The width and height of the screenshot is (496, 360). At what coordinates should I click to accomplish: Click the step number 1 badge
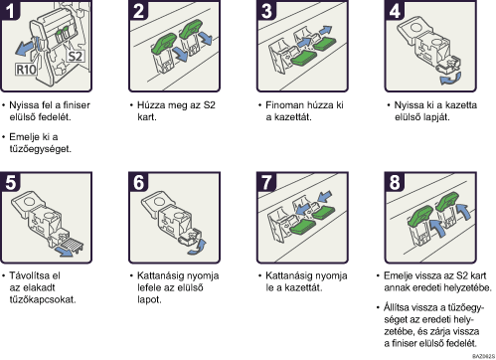pos(10,10)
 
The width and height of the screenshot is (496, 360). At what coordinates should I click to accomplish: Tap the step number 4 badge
pos(395,10)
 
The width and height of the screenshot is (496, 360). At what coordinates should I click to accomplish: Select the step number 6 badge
pos(138,182)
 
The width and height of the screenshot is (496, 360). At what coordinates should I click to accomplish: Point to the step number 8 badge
pos(395,182)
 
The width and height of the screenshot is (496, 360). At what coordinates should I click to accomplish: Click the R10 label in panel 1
pos(26,70)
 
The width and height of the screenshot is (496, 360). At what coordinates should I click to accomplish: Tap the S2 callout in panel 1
pos(76,56)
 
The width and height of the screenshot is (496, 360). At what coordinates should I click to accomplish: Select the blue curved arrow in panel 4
pos(450,79)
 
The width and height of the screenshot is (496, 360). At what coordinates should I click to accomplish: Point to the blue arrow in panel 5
pos(65,252)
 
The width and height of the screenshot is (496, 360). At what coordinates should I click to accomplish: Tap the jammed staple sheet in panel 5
pos(71,245)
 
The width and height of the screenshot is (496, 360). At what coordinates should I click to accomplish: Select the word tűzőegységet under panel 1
pos(41,149)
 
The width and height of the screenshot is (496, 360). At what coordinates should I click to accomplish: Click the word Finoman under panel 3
pos(285,105)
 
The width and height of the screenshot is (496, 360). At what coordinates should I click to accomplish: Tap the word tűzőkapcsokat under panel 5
pos(43,299)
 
